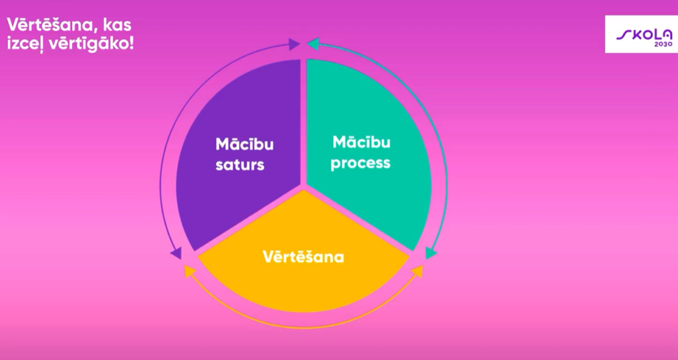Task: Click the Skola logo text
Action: point(644,34)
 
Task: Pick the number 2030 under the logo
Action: point(663,44)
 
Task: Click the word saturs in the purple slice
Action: point(240,165)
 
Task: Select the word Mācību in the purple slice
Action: point(244,144)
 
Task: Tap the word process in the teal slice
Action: point(360,163)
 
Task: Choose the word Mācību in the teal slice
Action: point(361,142)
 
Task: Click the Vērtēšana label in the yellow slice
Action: point(303,257)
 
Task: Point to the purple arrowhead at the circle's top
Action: point(295,44)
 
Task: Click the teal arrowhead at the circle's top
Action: point(313,44)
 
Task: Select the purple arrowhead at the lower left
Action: point(176,253)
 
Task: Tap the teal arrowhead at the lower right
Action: point(431,253)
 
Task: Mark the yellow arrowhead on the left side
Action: point(189,271)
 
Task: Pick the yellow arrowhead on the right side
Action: point(417,271)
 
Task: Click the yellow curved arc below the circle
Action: point(303,328)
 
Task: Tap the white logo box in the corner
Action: point(641,34)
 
